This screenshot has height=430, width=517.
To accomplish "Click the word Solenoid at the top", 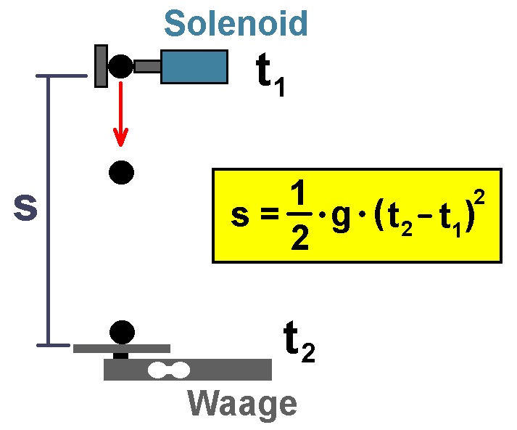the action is tap(236, 23).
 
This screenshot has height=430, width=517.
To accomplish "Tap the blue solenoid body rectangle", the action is tap(194, 67).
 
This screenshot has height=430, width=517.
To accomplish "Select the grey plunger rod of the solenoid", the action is tap(147, 66).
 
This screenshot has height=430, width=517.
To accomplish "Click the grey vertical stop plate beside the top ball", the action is tap(102, 66).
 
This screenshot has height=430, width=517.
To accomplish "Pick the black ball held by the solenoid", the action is tap(120, 66).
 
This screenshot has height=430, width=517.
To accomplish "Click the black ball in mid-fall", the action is tap(121, 172).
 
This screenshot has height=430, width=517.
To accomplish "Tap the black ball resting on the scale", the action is tap(122, 332).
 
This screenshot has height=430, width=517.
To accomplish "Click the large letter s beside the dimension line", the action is tap(25, 208).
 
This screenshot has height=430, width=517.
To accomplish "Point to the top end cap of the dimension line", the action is tap(62, 76).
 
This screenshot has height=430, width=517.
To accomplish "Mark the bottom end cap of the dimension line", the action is tap(53, 346).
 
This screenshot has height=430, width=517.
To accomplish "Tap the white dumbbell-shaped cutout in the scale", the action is tap(169, 370).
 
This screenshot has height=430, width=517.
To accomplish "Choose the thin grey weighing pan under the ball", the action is tap(122, 349).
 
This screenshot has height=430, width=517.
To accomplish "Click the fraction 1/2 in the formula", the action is tap(299, 216).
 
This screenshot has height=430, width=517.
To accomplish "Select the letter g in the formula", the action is tap(341, 218).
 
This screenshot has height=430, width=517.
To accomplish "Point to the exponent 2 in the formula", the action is tap(480, 197).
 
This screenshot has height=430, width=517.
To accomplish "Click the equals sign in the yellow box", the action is tap(270, 214).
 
